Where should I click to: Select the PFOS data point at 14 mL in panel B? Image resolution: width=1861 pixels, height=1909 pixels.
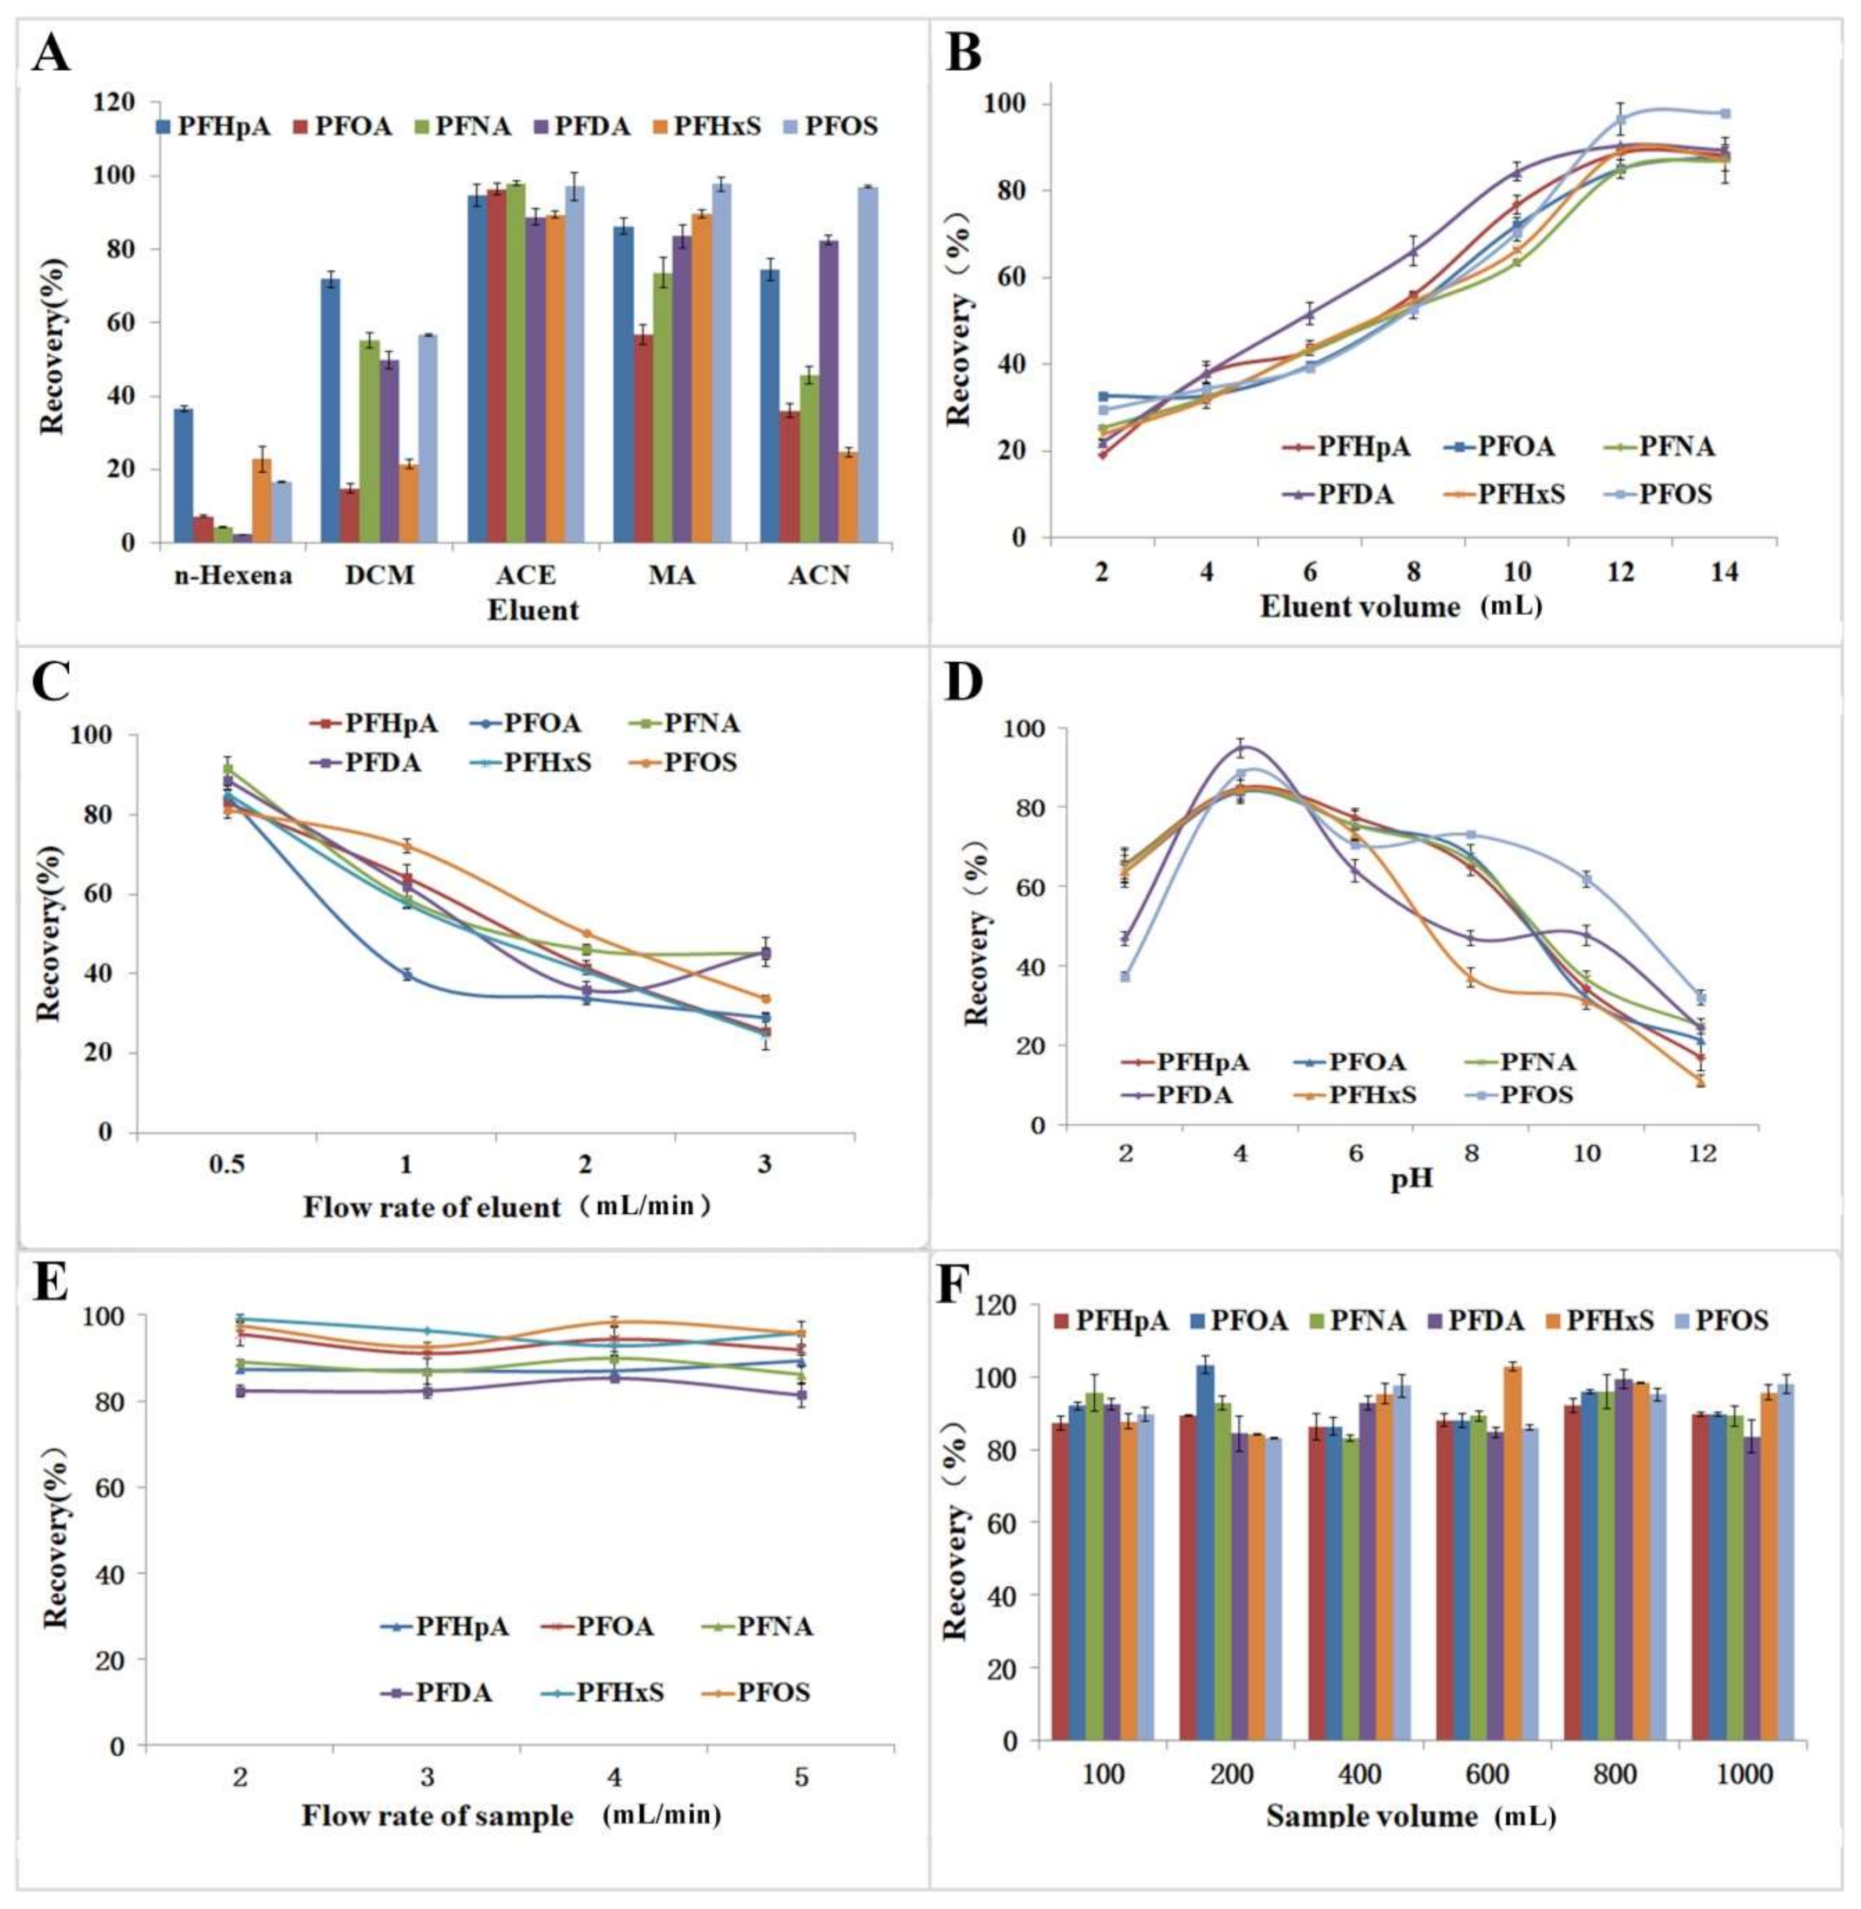(x=1725, y=113)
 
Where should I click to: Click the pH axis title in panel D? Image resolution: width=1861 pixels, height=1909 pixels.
(x=1412, y=1179)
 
